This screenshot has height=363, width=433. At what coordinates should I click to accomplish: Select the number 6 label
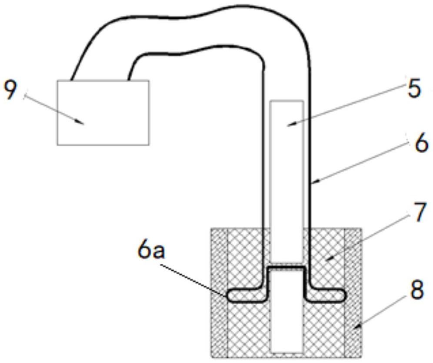[420, 144]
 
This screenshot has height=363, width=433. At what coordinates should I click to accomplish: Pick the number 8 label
[416, 291]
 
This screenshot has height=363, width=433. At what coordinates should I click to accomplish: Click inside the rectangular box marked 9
[103, 112]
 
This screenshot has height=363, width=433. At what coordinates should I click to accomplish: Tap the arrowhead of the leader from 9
[82, 124]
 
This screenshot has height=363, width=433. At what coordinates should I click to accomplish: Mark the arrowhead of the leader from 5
[291, 125]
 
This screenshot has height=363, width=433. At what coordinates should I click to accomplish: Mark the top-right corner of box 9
[149, 81]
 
